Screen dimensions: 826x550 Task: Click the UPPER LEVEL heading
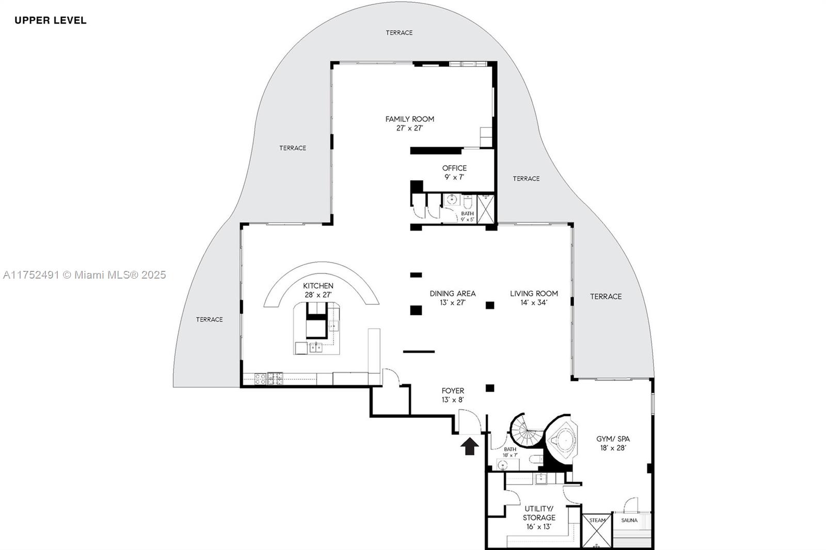click(51, 20)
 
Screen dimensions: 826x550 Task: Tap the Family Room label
click(410, 123)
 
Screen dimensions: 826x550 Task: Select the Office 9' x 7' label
click(454, 172)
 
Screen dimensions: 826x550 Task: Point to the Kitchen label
click(318, 290)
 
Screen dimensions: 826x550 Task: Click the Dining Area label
click(453, 298)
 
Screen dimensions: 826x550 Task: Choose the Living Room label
click(534, 298)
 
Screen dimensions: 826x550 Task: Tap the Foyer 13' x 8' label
click(453, 395)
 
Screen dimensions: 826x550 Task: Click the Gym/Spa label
click(613, 443)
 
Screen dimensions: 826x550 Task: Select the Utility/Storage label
click(539, 517)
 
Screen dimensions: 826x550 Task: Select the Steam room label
click(597, 520)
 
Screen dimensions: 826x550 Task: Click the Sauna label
click(629, 520)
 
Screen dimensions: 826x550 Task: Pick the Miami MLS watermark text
click(85, 275)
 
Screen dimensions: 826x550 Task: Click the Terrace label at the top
click(399, 33)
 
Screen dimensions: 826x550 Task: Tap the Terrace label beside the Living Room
click(606, 296)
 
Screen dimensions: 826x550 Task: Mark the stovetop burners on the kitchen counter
click(268, 379)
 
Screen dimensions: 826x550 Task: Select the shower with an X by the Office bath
click(486, 209)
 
